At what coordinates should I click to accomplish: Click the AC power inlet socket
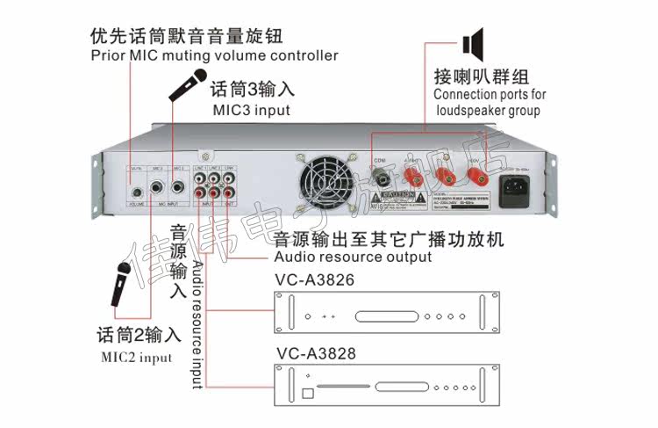514,188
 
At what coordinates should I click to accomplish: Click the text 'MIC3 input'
251,111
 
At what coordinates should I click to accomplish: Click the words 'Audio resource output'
353,258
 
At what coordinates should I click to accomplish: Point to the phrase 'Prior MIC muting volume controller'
214,55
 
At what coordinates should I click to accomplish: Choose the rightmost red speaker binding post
480,179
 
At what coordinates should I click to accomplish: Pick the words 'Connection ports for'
490,94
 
